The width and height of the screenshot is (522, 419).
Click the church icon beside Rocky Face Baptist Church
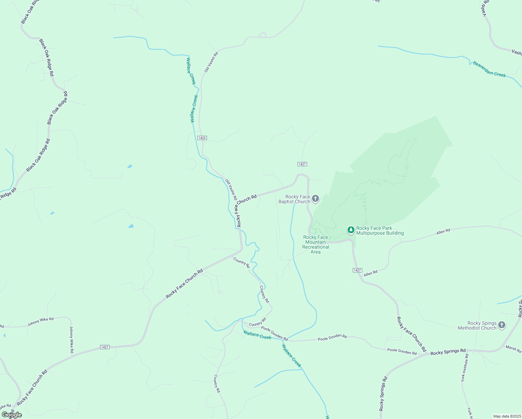(x=315, y=199)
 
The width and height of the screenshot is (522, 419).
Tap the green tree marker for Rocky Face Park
(x=351, y=230)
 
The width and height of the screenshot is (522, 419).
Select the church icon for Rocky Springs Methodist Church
(x=501, y=325)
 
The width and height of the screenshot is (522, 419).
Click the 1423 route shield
(x=202, y=138)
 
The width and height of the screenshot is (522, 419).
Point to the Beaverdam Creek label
(x=489, y=69)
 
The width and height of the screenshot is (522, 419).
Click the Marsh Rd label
(x=513, y=348)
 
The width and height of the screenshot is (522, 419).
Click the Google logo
(x=12, y=415)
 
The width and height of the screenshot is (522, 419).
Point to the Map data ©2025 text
(x=507, y=416)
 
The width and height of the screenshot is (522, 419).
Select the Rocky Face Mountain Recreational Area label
(x=315, y=244)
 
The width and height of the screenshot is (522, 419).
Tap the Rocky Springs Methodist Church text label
(x=477, y=325)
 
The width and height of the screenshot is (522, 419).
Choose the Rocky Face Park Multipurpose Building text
(x=380, y=230)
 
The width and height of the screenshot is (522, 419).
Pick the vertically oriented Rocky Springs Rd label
(x=383, y=394)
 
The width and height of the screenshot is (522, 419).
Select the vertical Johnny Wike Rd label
(x=72, y=339)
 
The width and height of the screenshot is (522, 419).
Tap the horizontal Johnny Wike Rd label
(x=40, y=322)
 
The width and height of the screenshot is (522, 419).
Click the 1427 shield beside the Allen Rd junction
(x=357, y=270)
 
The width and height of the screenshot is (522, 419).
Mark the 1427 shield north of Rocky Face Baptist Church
(x=302, y=164)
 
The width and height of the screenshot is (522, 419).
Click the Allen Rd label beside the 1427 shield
(x=371, y=273)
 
